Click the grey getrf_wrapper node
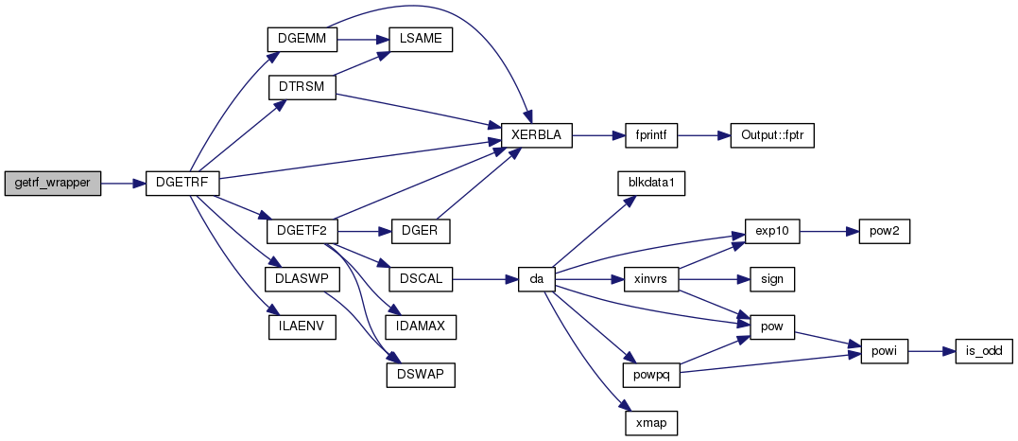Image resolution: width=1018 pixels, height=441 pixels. pyautogui.click(x=53, y=185)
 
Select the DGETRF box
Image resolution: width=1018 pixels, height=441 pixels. pyautogui.click(x=181, y=185)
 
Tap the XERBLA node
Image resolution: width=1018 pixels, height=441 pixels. pyautogui.click(x=536, y=135)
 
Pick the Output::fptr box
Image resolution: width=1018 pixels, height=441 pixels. pyautogui.click(x=772, y=135)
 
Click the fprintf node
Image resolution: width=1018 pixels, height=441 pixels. pyautogui.click(x=651, y=135)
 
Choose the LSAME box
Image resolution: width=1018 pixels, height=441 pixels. pyautogui.click(x=420, y=39)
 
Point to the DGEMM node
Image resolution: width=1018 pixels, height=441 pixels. pyautogui.click(x=302, y=39)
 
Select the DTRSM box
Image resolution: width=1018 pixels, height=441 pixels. pyautogui.click(x=302, y=87)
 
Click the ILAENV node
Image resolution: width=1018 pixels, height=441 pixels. pyautogui.click(x=302, y=327)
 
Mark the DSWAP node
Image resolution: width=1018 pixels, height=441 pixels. pyautogui.click(x=421, y=376)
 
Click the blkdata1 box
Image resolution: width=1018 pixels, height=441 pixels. pyautogui.click(x=651, y=185)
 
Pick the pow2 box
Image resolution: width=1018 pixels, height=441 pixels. pyautogui.click(x=885, y=232)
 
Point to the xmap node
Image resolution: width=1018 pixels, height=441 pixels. pyautogui.click(x=651, y=423)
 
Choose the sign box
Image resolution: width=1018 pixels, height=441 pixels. pyautogui.click(x=772, y=280)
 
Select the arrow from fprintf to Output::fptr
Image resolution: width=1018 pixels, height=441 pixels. pyautogui.click(x=704, y=135)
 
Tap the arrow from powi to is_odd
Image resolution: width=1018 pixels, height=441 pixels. pyautogui.click(x=932, y=351)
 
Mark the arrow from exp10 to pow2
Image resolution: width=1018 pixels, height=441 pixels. pyautogui.click(x=829, y=232)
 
